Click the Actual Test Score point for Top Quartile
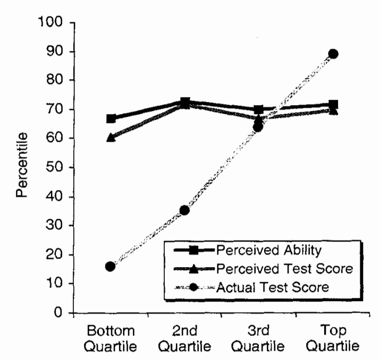click(333, 54)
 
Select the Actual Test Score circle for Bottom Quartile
click(110, 266)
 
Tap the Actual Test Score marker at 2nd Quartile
click(184, 210)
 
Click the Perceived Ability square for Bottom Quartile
click(111, 118)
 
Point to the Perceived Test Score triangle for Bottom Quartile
click(111, 137)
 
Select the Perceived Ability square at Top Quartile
click(333, 105)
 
